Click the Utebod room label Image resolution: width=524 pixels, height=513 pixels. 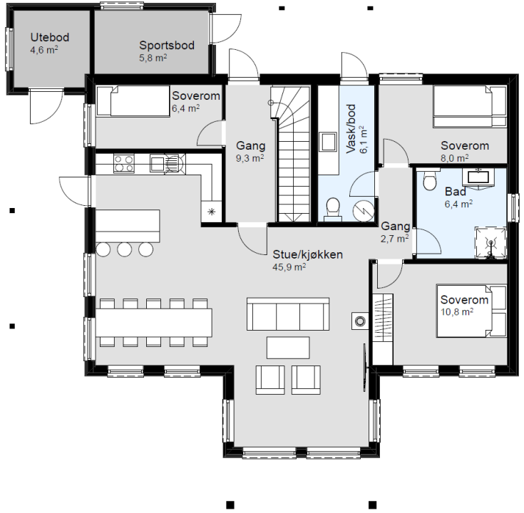click(50, 37)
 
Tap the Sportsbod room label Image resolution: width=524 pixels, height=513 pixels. click(167, 45)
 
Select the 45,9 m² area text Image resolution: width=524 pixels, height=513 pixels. click(289, 267)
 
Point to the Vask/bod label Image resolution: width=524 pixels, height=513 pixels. click(351, 129)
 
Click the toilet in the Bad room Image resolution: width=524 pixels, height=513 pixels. click(430, 180)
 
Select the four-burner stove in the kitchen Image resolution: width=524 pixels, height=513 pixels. click(123, 163)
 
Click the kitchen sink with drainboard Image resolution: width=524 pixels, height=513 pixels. click(168, 164)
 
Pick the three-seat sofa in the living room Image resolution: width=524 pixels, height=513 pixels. click(288, 314)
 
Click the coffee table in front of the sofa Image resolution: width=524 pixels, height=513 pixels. click(288, 348)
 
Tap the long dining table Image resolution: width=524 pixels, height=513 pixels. click(154, 323)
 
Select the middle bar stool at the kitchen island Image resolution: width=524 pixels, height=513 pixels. click(124, 249)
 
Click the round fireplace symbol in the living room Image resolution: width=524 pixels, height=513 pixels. click(359, 321)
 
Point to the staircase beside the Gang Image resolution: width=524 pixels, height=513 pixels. click(290, 154)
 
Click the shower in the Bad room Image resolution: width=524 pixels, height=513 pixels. click(490, 243)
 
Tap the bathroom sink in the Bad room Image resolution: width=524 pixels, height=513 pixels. click(478, 177)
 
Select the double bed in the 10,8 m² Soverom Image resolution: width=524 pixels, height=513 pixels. click(471, 311)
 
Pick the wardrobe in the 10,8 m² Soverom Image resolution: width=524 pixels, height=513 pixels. click(383, 329)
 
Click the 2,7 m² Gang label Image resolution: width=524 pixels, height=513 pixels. click(395, 232)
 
